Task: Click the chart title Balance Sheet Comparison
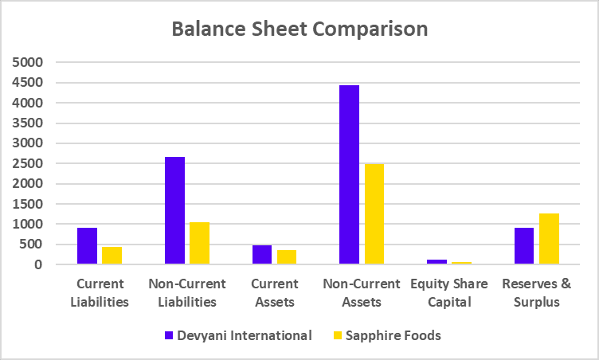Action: pos(300,29)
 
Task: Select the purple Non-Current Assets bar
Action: pos(349,174)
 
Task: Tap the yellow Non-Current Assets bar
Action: pos(374,213)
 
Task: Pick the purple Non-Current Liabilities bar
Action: pos(174,210)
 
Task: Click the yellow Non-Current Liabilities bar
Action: pos(199,243)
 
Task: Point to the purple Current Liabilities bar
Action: pos(88,246)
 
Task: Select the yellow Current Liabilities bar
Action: pos(112,256)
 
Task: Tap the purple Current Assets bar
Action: pos(261,255)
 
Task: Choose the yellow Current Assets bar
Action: pos(286,257)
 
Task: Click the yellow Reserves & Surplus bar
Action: pos(549,239)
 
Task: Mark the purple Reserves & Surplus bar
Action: pos(524,246)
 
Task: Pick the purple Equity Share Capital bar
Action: pos(437,261)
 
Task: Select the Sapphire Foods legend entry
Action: pos(390,335)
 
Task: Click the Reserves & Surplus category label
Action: pos(536,292)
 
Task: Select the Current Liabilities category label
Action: pos(100,292)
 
